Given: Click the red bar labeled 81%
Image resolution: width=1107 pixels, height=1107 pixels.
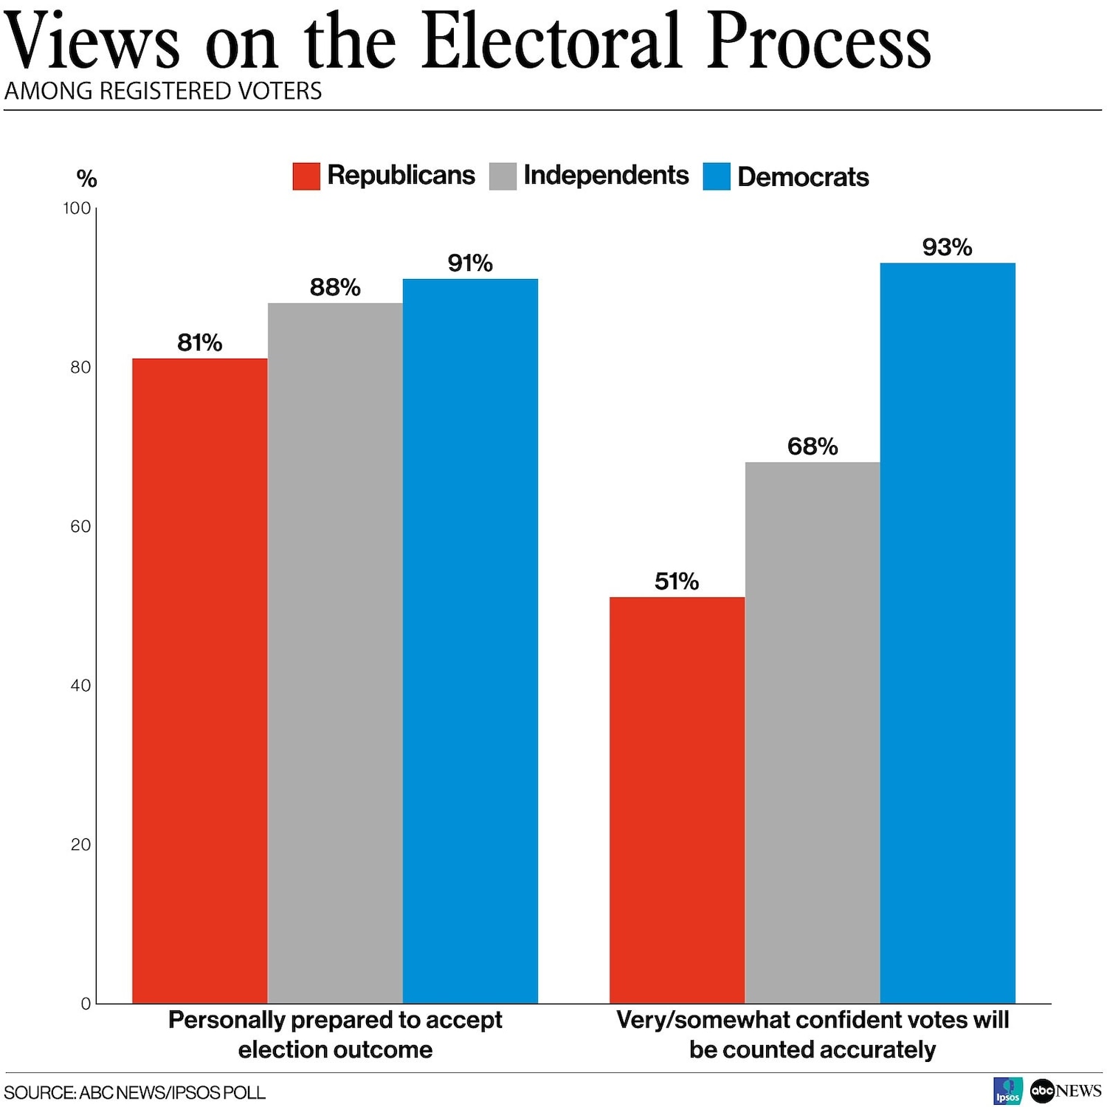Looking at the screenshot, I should click(199, 679).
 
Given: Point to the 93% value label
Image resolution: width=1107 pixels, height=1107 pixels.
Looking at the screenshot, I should click(947, 247).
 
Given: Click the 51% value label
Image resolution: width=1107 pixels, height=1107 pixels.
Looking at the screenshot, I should click(676, 582).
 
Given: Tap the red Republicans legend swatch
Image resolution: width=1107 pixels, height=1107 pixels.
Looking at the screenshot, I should click(306, 176).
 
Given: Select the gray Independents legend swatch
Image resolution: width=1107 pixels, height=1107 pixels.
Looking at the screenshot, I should click(503, 176).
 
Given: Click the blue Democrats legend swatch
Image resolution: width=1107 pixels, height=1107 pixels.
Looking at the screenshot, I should click(716, 176).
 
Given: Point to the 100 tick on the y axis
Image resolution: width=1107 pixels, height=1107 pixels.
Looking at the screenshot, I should click(77, 208).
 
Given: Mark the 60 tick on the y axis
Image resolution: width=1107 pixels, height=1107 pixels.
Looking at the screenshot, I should click(80, 526).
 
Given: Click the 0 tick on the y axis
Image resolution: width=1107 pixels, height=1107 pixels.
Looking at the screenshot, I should click(86, 1004).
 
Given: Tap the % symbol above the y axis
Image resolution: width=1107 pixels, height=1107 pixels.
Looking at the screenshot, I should click(86, 179).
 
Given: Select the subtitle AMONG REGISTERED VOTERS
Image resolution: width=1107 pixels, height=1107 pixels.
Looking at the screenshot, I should click(163, 92).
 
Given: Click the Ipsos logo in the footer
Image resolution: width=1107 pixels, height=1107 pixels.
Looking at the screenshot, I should click(1008, 1091).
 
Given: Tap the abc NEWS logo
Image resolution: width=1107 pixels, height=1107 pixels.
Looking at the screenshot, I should click(1066, 1091).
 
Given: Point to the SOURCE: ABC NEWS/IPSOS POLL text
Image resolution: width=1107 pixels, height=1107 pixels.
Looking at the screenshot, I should click(135, 1092).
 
